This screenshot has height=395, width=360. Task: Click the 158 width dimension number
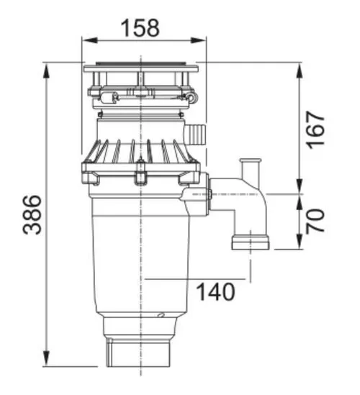coord(140,28)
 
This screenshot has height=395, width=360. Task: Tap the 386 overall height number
coord(32,214)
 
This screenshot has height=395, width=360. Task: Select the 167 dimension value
coord(315,130)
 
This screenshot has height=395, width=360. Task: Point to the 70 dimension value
coord(315,221)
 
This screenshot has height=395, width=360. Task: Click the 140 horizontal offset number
coord(215,291)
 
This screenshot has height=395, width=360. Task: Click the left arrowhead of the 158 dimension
coord(90,40)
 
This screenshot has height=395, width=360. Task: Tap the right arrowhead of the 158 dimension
coord(198,40)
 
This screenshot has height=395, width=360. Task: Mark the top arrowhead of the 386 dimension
coord(47,71)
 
